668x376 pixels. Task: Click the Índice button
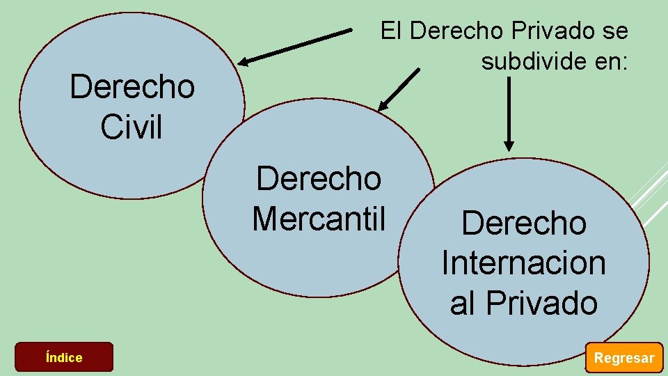click(x=64, y=357)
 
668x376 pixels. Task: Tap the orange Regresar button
click(x=623, y=358)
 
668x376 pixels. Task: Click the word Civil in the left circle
click(x=131, y=127)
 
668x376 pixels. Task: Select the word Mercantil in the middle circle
click(x=319, y=217)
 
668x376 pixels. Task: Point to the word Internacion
click(x=523, y=263)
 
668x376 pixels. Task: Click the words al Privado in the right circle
click(x=523, y=303)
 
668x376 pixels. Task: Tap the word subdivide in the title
click(x=532, y=62)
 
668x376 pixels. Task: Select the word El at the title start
click(x=390, y=31)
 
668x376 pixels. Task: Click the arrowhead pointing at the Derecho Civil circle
click(x=243, y=61)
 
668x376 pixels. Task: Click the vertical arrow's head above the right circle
click(x=509, y=146)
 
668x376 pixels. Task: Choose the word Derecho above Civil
click(x=132, y=88)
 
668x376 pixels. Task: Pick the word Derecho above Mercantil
click(x=319, y=178)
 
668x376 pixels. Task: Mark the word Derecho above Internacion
click(x=523, y=224)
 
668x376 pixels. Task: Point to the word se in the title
click(x=615, y=31)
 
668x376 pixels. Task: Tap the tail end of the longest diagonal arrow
click(x=350, y=31)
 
